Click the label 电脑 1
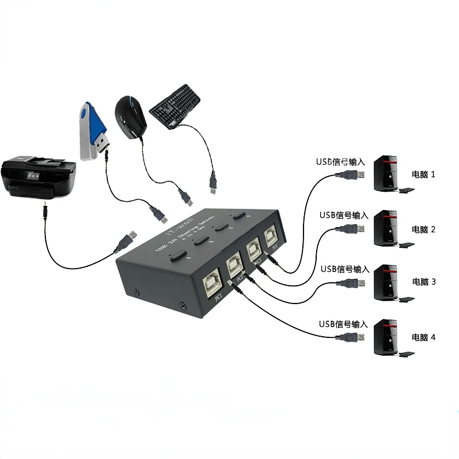[423, 174]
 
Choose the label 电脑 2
[423, 229]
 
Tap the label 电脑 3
[423, 282]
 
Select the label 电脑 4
[423, 337]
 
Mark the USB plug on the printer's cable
[126, 241]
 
